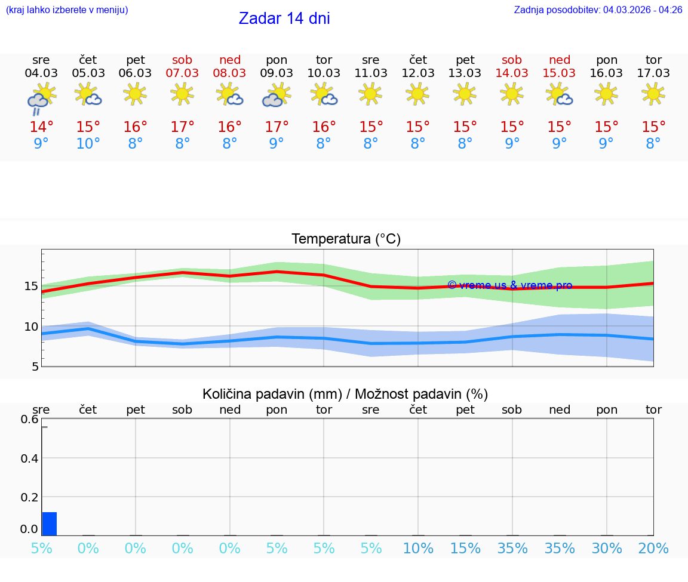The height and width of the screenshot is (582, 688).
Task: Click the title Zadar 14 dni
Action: tap(284, 19)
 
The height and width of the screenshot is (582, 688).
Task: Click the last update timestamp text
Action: tap(598, 10)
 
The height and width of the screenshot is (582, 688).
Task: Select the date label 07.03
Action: tap(182, 73)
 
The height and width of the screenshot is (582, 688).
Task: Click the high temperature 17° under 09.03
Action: tap(277, 127)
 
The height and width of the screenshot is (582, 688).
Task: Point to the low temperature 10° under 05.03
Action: tap(88, 144)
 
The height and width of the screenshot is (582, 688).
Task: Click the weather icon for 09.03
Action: tap(277, 95)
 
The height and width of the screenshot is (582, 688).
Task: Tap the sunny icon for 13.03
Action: tap(465, 93)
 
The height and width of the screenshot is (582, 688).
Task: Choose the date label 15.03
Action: tap(559, 73)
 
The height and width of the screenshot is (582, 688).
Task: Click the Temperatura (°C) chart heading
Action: tap(346, 239)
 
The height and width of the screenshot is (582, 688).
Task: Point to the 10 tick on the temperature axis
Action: tap(31, 327)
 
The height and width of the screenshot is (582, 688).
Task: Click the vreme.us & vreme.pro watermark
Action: tap(509, 285)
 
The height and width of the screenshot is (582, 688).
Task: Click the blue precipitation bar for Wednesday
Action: tap(50, 524)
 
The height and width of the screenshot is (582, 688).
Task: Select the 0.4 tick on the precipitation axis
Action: tap(29, 458)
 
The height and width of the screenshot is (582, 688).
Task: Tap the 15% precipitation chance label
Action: tap(465, 549)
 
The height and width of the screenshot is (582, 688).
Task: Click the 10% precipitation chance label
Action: tap(417, 549)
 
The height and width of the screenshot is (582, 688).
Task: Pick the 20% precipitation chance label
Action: tap(653, 549)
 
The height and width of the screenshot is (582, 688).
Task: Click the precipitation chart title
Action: tap(345, 394)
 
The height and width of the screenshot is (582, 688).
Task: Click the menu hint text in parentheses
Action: tap(67, 10)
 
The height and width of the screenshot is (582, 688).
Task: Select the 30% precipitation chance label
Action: tap(606, 549)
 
